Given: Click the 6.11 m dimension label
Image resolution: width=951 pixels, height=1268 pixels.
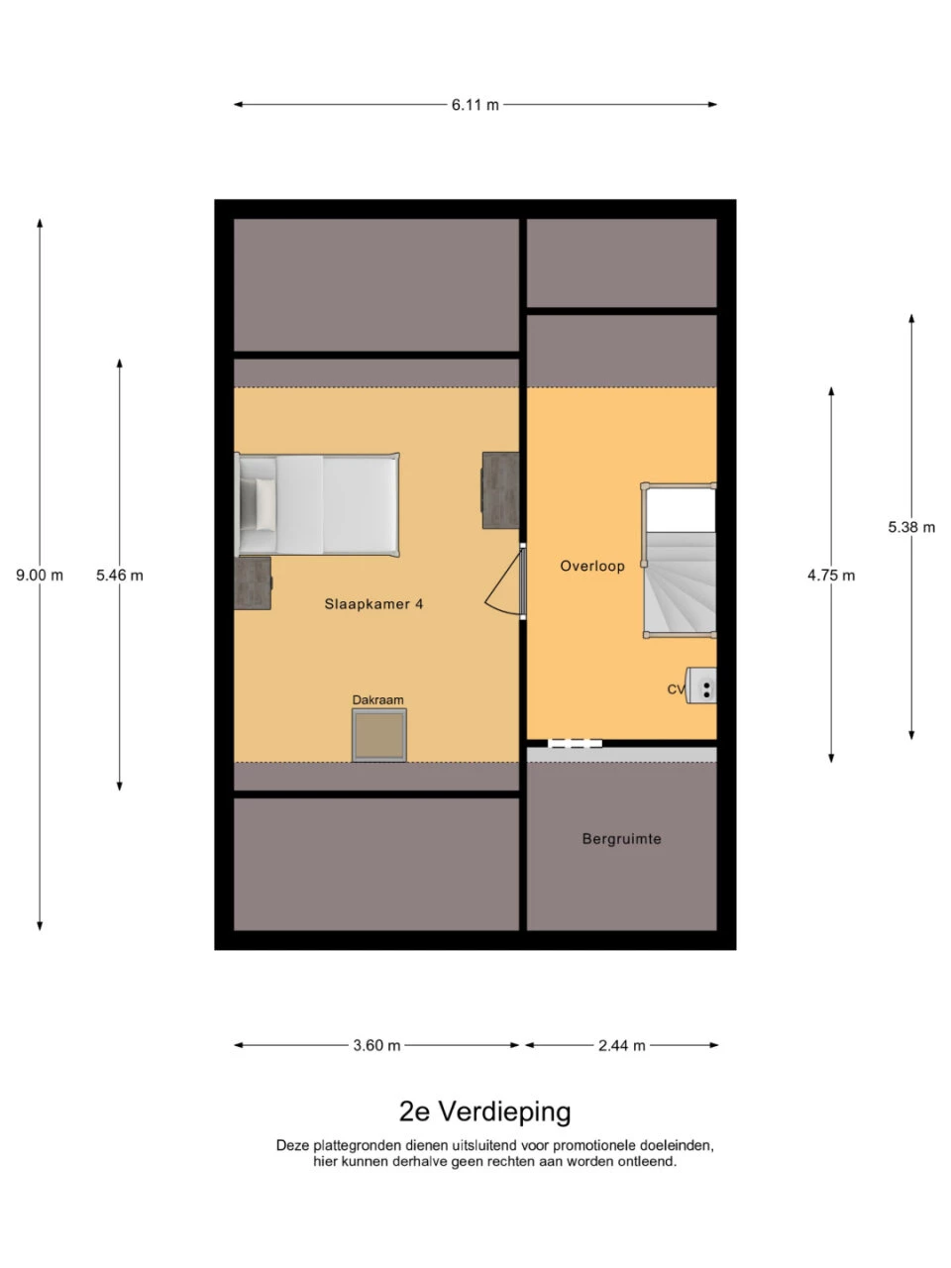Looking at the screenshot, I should point(475,104).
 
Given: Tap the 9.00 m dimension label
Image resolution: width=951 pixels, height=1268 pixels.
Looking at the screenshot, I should point(40,575).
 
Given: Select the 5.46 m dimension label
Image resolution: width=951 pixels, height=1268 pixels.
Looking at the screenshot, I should point(119,575).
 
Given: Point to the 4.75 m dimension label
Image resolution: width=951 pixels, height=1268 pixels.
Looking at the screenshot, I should point(831,575).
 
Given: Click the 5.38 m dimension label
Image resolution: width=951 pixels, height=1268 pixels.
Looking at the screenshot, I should point(911,527).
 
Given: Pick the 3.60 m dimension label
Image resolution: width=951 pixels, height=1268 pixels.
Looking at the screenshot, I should point(376,1045).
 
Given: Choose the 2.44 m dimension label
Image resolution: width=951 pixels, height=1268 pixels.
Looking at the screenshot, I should point(622,1045).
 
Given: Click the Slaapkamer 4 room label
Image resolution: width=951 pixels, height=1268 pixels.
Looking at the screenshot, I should point(373,603).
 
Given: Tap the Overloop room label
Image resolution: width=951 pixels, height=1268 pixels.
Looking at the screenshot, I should point(592,566).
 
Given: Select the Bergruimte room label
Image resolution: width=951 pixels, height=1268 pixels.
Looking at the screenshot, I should point(621,838).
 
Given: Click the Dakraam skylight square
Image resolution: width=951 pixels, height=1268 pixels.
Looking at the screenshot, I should point(379,735).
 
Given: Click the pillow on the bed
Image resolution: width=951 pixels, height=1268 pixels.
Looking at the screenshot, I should point(264,504).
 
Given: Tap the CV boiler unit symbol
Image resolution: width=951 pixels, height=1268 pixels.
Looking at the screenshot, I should point(702,686).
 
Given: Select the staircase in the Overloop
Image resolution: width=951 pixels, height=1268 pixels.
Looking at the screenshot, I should point(680,561).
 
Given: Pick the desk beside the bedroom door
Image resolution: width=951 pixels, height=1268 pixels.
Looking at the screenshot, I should point(500,490).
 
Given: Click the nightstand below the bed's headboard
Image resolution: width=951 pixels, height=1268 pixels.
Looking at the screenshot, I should point(253,582).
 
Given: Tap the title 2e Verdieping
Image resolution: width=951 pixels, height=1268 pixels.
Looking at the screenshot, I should point(485,1111).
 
